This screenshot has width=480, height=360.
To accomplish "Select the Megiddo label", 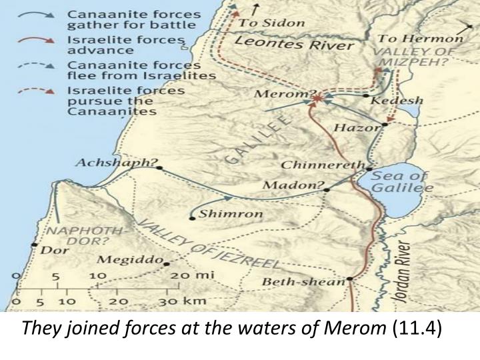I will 130,260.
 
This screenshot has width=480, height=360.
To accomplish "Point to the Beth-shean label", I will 303,282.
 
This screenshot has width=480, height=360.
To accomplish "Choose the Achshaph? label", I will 117,162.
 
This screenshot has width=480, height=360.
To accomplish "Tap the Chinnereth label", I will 323,165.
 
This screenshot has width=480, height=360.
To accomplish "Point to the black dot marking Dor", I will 34,245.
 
